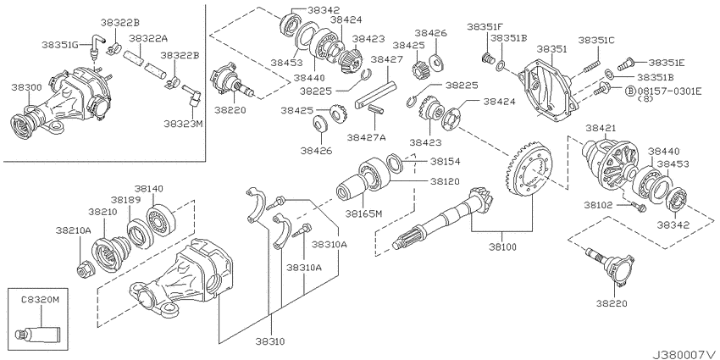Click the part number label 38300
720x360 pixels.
27,86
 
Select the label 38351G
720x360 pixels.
60,45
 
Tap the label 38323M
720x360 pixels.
183,124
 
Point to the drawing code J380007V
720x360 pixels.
684,355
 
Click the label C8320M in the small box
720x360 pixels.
41,300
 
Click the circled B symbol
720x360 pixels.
630,91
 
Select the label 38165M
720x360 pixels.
363,213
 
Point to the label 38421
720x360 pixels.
601,128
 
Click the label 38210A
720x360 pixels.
75,230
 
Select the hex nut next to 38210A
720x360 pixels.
83,269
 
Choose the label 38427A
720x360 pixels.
366,137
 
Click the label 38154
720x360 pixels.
445,161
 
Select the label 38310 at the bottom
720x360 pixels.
270,341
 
